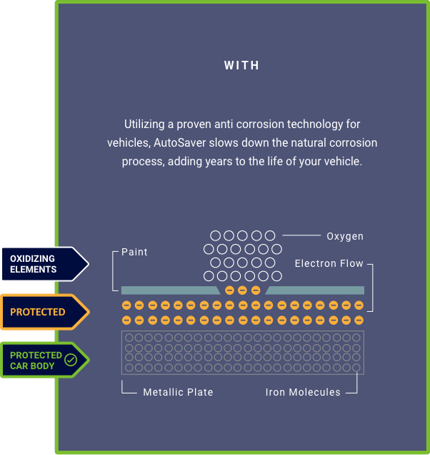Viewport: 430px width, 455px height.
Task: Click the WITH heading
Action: pyautogui.click(x=241, y=66)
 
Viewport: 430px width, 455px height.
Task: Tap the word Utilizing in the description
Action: pyautogui.click(x=145, y=124)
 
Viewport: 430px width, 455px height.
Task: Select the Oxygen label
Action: pyautogui.click(x=345, y=236)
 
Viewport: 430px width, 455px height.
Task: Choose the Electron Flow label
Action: pyautogui.click(x=329, y=264)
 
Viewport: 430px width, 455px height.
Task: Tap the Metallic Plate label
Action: pyautogui.click(x=178, y=392)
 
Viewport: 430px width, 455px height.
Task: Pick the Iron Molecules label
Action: pyautogui.click(x=303, y=392)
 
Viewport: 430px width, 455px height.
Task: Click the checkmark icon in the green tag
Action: pyautogui.click(x=71, y=360)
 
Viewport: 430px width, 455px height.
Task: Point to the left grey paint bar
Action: pyautogui.click(x=170, y=290)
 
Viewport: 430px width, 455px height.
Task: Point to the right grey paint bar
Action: pyautogui.click(x=315, y=290)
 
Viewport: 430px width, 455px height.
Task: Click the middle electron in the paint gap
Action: pyautogui.click(x=242, y=290)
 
